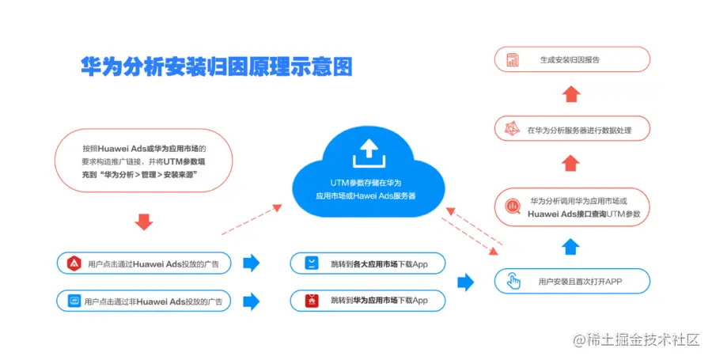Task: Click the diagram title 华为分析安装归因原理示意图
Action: click(x=216, y=66)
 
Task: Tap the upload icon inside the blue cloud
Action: click(x=369, y=153)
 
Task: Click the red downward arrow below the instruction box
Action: click(x=143, y=221)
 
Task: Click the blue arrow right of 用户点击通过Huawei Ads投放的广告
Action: click(x=251, y=263)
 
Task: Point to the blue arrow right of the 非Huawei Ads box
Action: click(x=251, y=301)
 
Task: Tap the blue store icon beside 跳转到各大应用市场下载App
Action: click(x=312, y=263)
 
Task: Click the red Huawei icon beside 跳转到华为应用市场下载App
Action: click(x=312, y=301)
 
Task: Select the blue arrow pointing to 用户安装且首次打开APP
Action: click(x=465, y=282)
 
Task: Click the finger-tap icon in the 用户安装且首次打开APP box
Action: click(x=513, y=281)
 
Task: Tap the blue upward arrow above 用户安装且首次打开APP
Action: click(x=570, y=247)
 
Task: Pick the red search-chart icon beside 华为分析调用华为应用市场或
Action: click(x=513, y=207)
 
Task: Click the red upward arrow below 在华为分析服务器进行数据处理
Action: click(x=570, y=163)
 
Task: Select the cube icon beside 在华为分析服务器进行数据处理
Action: click(x=512, y=129)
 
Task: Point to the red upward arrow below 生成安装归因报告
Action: click(x=570, y=93)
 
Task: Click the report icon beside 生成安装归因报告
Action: click(x=513, y=59)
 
